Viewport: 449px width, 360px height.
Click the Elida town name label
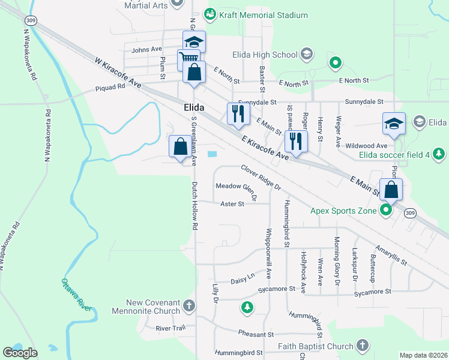click(x=193, y=107)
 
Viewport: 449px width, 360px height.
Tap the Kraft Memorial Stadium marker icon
click(x=209, y=14)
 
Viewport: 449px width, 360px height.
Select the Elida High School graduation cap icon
click(x=307, y=55)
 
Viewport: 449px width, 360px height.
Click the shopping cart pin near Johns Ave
click(x=188, y=59)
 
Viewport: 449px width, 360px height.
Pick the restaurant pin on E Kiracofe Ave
click(x=295, y=140)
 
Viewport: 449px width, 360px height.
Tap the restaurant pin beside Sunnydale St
click(x=238, y=113)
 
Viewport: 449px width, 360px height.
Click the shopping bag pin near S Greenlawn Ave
click(x=181, y=146)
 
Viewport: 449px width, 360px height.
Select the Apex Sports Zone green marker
click(x=386, y=211)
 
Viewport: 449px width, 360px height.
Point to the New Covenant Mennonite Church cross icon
click(x=189, y=306)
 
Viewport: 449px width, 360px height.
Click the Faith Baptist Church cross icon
click(x=362, y=345)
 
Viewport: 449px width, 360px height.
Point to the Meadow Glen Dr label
click(x=237, y=189)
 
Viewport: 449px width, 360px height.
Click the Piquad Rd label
click(x=110, y=86)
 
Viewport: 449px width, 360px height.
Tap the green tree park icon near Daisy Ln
click(x=247, y=308)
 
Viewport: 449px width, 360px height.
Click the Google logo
click(x=20, y=353)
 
